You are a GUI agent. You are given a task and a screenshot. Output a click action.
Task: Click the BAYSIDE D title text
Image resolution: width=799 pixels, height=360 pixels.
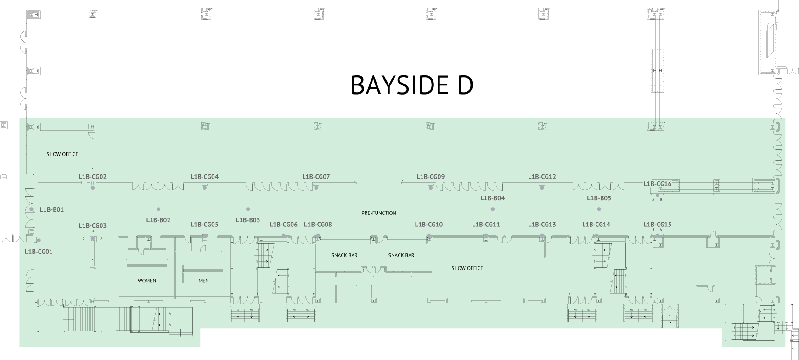tap(412, 85)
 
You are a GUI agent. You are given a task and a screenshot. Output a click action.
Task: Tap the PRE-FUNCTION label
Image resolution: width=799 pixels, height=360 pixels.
tap(379, 213)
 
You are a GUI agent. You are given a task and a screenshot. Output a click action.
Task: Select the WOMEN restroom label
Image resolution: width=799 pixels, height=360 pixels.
tap(147, 281)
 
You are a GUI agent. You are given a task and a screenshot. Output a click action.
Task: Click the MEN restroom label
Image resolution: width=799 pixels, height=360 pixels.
tap(203, 281)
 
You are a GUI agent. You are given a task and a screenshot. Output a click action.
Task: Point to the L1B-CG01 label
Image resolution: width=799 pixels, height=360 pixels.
tap(39, 252)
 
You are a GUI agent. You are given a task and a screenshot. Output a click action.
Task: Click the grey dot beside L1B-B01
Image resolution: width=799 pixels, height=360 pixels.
tap(32, 209)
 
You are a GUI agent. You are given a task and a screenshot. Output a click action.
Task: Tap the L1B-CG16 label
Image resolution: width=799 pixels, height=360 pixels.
tap(657, 184)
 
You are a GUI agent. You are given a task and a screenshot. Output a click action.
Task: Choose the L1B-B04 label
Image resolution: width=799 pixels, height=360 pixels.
tap(492, 198)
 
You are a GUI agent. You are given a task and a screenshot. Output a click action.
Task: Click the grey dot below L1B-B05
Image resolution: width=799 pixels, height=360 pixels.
tap(599, 209)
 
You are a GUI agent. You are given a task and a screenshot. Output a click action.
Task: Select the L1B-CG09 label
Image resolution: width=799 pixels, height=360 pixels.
tap(430, 177)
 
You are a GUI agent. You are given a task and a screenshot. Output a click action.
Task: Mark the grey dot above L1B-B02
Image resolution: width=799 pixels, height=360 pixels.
tap(158, 209)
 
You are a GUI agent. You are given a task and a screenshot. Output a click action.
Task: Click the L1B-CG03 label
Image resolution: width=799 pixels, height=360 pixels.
tap(92, 225)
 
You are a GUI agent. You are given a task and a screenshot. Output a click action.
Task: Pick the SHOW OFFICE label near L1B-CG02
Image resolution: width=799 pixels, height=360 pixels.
tap(62, 154)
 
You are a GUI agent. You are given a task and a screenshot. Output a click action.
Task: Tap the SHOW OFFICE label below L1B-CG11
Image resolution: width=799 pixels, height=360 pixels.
tap(467, 268)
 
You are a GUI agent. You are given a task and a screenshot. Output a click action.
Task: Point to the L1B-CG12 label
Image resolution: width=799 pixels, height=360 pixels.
tap(542, 177)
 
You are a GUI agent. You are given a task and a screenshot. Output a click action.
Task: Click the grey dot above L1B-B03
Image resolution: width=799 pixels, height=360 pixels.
tap(248, 209)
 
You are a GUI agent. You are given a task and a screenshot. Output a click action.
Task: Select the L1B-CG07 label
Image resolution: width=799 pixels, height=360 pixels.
tap(316, 177)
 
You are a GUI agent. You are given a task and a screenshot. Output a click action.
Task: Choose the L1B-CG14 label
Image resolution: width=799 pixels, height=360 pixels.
tap(596, 225)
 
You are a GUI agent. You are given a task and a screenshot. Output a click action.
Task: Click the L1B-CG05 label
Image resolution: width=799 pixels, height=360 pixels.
tap(204, 225)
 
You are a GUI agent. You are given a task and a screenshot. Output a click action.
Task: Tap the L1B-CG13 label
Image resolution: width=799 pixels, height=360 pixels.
tap(542, 225)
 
